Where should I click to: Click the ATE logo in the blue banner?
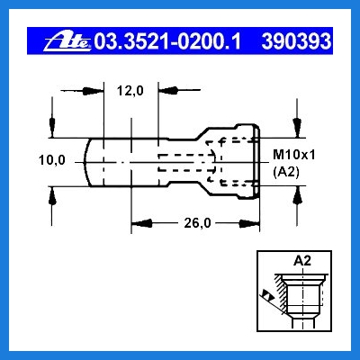[x=67, y=41]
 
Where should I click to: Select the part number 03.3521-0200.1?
[x=167, y=41]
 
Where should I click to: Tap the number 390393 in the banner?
[x=296, y=41]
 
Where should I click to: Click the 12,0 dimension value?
[x=130, y=90]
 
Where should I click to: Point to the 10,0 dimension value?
[x=52, y=160]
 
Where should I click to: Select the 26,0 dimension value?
[x=197, y=223]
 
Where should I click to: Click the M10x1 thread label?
[x=294, y=155]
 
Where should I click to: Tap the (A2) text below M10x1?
[x=286, y=173]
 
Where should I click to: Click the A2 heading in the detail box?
[x=302, y=261]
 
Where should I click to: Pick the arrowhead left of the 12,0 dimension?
[x=93, y=91]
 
